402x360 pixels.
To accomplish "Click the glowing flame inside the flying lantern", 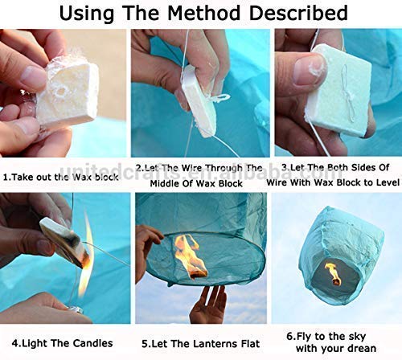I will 332,273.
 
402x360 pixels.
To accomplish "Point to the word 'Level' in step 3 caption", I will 382,182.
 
